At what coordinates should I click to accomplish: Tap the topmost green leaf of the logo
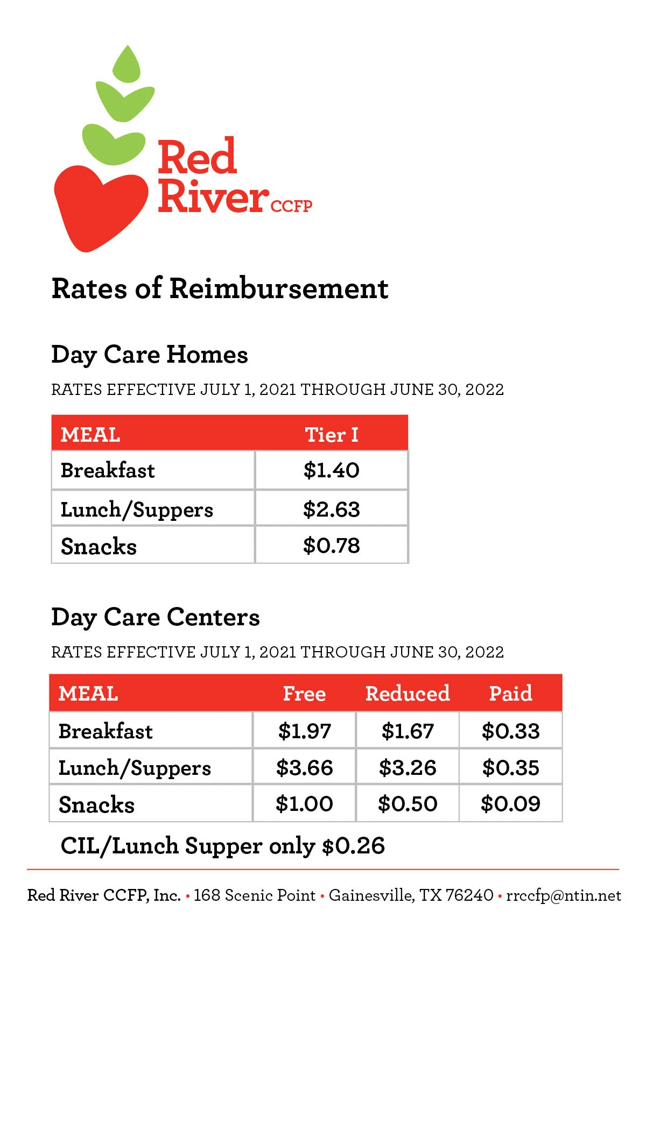[x=127, y=64]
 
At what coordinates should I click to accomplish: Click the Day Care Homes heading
[x=150, y=355]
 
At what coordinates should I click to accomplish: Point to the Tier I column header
[x=332, y=435]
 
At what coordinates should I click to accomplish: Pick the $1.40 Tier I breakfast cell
[x=332, y=470]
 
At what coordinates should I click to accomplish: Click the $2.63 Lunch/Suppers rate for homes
[x=332, y=509]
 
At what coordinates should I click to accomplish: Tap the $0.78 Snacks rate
[x=332, y=546]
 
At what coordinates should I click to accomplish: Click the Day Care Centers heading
[x=156, y=618]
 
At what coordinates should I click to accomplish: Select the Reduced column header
[x=408, y=693]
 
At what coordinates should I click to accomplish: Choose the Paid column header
[x=510, y=693]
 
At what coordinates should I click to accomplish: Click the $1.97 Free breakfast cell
[x=305, y=731]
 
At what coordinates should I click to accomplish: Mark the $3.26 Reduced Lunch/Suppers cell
[x=408, y=768]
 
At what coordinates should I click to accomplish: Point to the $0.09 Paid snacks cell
[x=510, y=804]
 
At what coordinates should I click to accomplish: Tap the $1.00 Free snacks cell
[x=305, y=804]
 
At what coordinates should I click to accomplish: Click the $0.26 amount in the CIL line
[x=353, y=846]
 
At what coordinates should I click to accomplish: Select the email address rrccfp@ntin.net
[x=564, y=895]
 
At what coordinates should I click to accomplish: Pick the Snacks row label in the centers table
[x=97, y=805]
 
